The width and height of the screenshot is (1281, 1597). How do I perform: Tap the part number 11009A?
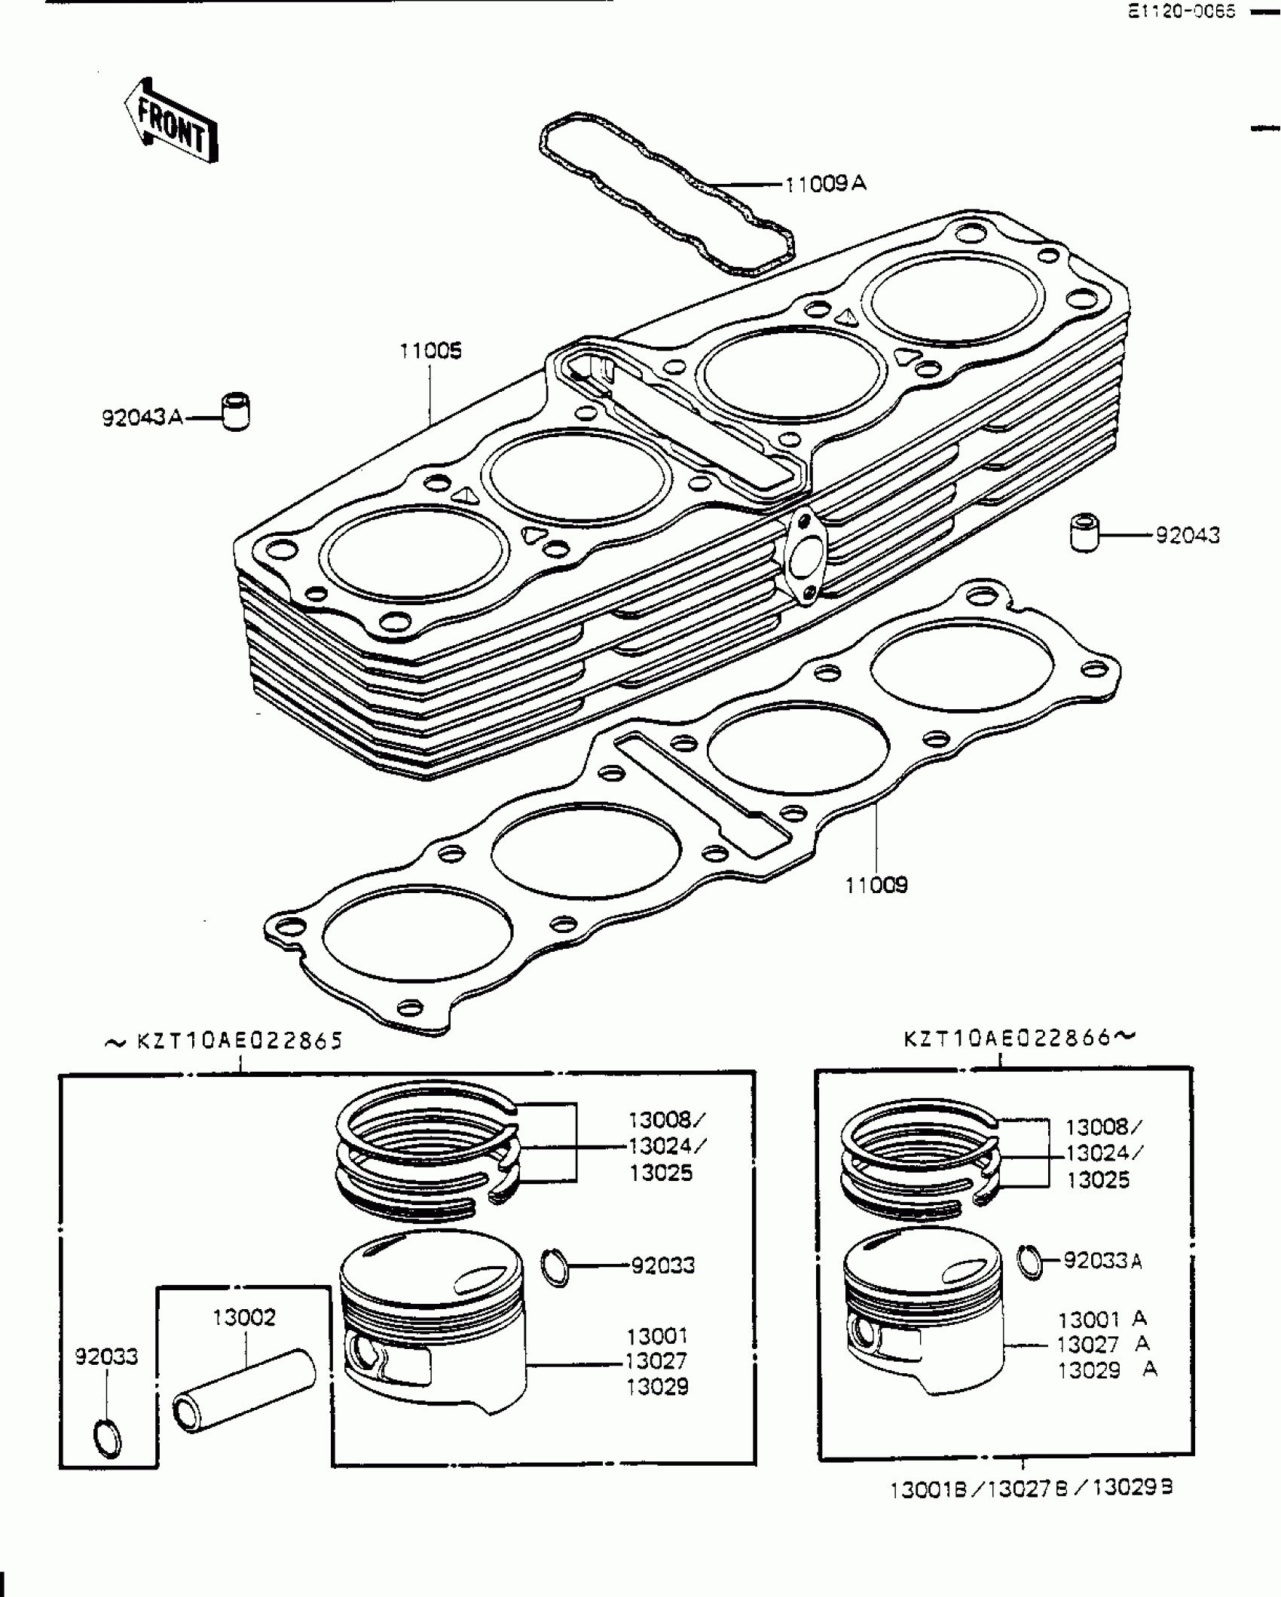click(825, 184)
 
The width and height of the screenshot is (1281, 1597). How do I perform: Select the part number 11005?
click(430, 351)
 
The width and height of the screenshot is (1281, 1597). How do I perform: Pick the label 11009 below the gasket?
click(876, 885)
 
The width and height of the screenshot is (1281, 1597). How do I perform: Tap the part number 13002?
click(244, 1317)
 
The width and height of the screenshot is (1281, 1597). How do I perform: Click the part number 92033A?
click(1102, 1260)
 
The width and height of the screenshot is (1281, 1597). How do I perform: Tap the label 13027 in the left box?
click(656, 1361)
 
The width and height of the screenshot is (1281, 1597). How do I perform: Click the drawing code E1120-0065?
click(1182, 12)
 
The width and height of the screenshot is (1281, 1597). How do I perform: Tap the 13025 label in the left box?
click(661, 1173)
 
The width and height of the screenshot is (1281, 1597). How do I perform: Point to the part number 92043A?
click(142, 417)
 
